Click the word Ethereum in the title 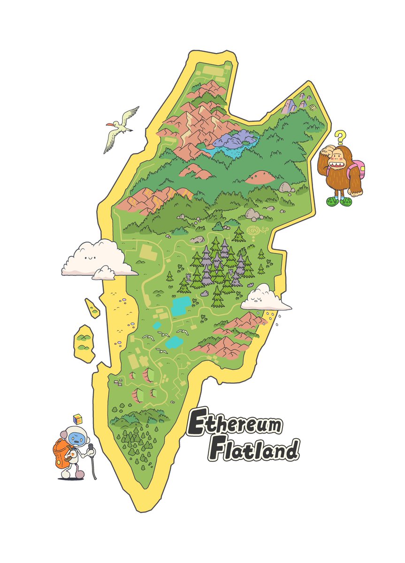pyautogui.click(x=235, y=424)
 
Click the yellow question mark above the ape pyautogui.click(x=341, y=137)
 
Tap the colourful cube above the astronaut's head pyautogui.click(x=78, y=418)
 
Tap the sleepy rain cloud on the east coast pyautogui.click(x=264, y=298)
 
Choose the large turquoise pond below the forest pyautogui.click(x=182, y=305)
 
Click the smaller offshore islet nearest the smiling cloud pyautogui.click(x=92, y=308)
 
